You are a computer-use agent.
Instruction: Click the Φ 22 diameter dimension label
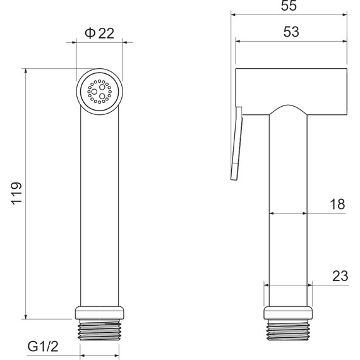click(x=99, y=33)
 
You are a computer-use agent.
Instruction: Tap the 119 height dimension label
click(x=16, y=193)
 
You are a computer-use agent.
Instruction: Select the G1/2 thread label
click(x=43, y=346)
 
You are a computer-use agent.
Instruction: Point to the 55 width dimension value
click(x=289, y=6)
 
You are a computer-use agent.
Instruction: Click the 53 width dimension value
click(x=291, y=32)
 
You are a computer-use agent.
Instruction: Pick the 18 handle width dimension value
click(x=337, y=204)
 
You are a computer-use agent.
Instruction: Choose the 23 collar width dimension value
click(x=340, y=276)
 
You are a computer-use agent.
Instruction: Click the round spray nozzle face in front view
click(x=99, y=92)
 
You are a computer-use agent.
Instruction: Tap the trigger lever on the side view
click(x=236, y=143)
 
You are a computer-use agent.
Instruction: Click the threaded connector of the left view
click(x=99, y=330)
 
